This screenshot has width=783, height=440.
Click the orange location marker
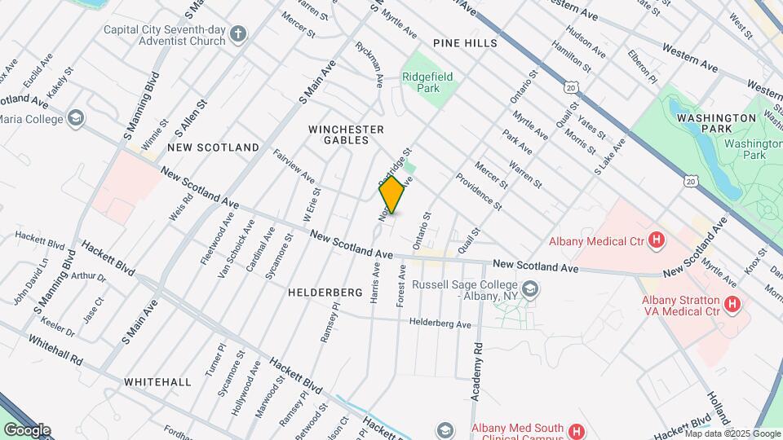click(x=392, y=195)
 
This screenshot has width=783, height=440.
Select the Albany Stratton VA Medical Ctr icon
click(x=732, y=306)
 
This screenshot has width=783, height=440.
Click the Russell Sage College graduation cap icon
click(x=530, y=289)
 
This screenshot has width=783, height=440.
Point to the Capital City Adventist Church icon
click(x=237, y=34)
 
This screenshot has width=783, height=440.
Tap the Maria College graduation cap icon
click(x=76, y=119)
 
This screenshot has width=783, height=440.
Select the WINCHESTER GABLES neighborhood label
click(x=346, y=134)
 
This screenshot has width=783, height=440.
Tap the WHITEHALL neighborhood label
click(x=157, y=381)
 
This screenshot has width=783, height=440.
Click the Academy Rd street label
click(x=477, y=370)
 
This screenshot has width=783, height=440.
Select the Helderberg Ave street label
click(x=440, y=323)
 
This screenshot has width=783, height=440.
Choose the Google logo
click(x=27, y=430)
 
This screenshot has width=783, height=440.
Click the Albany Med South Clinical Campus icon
click(x=576, y=430)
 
